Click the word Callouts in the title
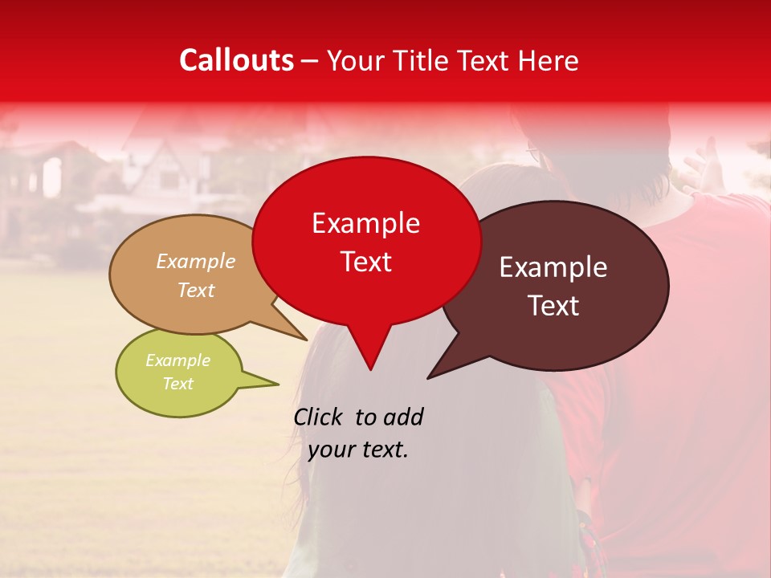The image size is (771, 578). click(236, 60)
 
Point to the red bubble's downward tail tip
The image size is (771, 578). click(369, 369)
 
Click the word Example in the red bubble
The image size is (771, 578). click(365, 223)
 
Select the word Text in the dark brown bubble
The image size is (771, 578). click(553, 306)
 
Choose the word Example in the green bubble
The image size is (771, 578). click(177, 360)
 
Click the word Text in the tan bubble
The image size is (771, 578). click(196, 290)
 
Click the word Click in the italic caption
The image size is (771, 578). click(319, 417)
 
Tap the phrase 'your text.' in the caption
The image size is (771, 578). click(358, 450)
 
